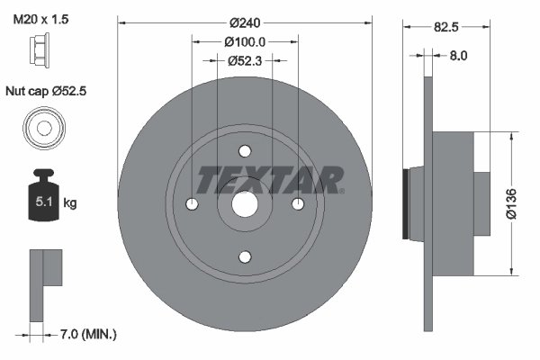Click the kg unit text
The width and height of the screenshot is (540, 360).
70,203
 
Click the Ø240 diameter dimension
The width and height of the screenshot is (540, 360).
244,22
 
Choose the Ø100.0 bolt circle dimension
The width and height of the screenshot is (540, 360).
245,41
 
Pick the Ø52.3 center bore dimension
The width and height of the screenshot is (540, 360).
244,61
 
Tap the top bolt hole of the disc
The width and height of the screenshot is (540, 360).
245,152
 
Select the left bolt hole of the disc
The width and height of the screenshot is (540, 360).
192,204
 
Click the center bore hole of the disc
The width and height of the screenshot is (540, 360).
245,204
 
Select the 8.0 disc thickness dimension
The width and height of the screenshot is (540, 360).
457,56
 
